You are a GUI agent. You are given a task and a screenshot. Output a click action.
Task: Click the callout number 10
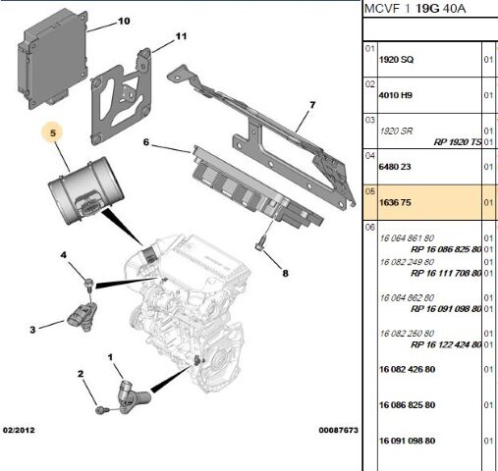(123, 21)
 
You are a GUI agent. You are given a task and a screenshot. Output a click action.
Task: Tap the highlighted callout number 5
(56, 131)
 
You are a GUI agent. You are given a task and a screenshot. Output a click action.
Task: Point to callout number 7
(311, 105)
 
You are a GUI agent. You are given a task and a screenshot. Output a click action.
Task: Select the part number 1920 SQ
(397, 60)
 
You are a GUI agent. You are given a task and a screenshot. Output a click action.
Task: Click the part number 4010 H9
(397, 97)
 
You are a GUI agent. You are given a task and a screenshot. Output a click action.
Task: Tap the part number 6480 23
(397, 168)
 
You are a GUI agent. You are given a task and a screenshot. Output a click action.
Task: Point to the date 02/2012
(21, 431)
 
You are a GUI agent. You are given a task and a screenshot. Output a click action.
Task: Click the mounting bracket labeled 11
(123, 98)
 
